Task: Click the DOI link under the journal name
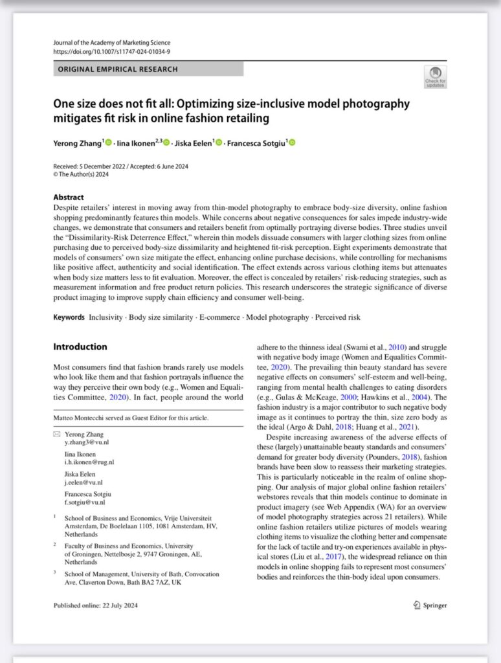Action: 112,51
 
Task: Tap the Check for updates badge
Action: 434,76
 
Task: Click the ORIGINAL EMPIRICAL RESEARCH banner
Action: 148,69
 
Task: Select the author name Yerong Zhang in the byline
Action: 77,142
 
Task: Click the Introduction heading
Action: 80,346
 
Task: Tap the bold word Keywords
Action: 69,317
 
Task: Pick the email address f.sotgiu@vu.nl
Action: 84,502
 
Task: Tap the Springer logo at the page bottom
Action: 430,605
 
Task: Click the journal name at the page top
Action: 112,43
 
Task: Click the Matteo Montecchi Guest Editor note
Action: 131,418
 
